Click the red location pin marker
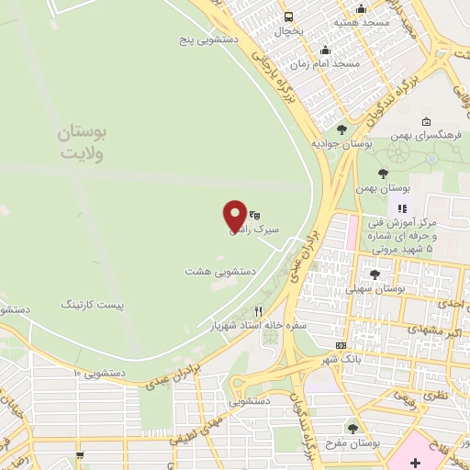tap(236, 215)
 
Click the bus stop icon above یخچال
tap(289, 17)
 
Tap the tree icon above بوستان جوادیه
tap(341, 129)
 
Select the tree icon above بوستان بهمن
tap(383, 172)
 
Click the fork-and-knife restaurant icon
tap(258, 311)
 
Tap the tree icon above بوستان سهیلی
tap(374, 273)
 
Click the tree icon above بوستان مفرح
tap(353, 428)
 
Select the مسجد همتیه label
tap(361, 20)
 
